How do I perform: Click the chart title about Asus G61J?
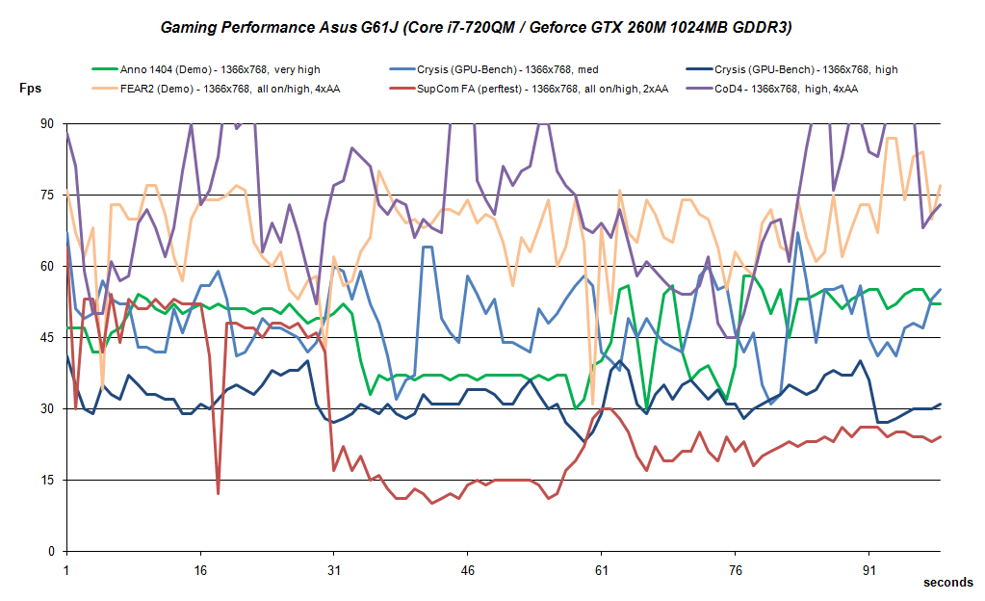[476, 28]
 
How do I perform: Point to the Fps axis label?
[31, 89]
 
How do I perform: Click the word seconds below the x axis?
[947, 583]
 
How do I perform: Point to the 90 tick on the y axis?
[47, 124]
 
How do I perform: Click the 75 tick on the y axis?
[47, 195]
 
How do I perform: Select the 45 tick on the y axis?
[47, 337]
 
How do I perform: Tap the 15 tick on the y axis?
[47, 480]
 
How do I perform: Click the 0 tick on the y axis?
[51, 551]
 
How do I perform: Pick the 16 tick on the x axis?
[200, 569]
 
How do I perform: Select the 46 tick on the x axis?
[468, 569]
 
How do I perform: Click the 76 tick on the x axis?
[736, 569]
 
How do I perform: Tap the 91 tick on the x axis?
[869, 569]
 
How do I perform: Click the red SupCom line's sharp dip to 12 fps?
[219, 493]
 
